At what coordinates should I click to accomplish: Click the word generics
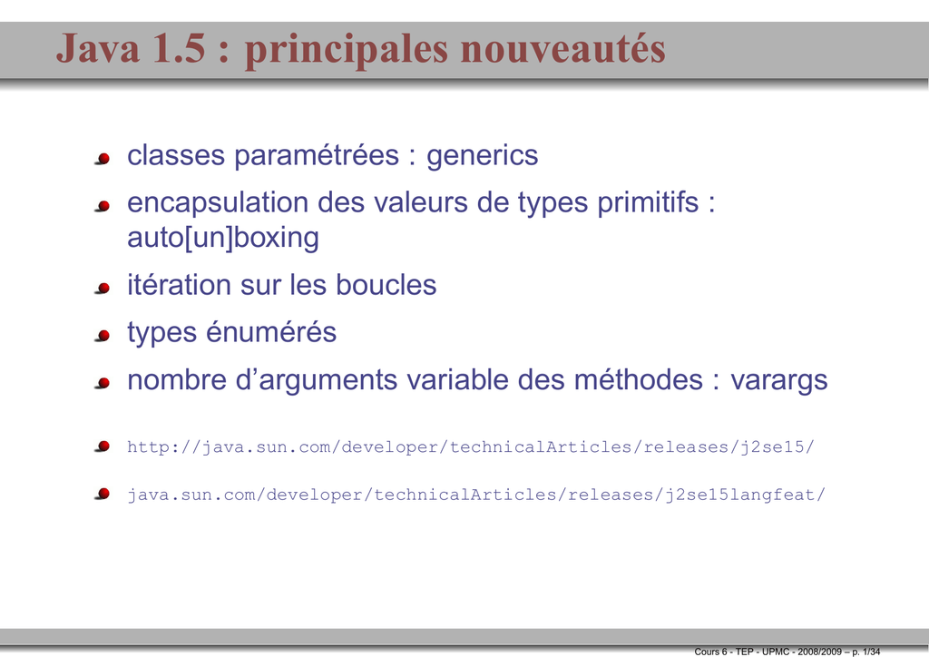click(483, 156)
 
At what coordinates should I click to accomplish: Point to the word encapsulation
click(218, 203)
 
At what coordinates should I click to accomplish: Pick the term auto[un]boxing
click(223, 238)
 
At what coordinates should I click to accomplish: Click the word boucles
click(386, 285)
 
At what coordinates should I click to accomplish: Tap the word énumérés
click(270, 332)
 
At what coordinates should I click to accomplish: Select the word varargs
click(778, 381)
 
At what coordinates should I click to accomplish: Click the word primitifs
click(648, 203)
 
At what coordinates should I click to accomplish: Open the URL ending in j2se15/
click(471, 446)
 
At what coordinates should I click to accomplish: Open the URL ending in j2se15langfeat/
click(476, 494)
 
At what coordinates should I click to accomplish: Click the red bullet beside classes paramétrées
click(103, 159)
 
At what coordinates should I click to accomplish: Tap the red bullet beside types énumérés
click(103, 336)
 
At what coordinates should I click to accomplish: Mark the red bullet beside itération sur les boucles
click(103, 289)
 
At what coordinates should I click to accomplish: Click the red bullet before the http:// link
click(103, 446)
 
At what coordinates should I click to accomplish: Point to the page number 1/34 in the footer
click(872, 652)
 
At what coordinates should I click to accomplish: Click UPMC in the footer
click(776, 652)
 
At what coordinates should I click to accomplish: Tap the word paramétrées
click(317, 156)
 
